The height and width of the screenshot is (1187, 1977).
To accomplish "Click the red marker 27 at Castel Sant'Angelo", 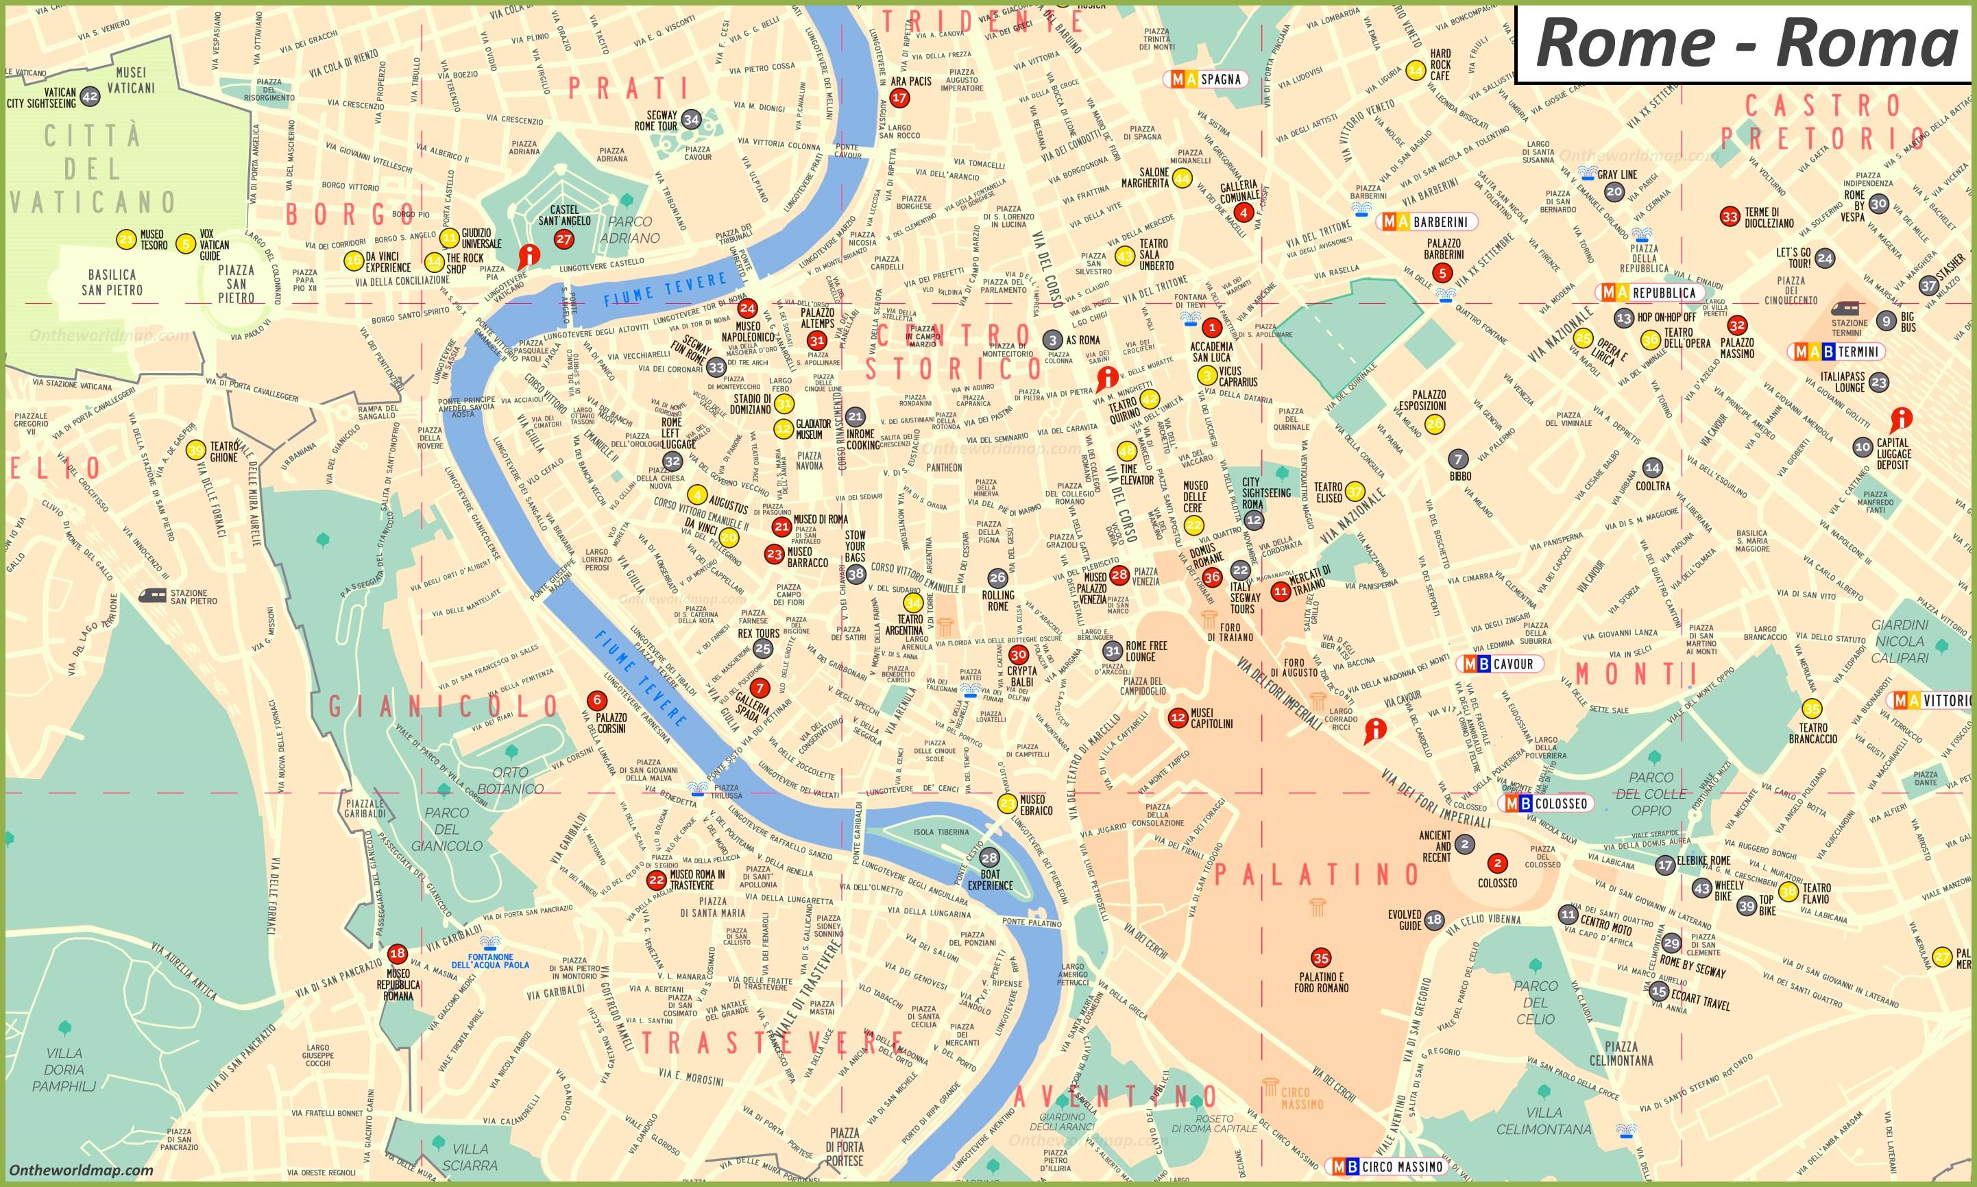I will [563, 239].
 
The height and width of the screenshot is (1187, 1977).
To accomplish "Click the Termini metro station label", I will [1837, 351].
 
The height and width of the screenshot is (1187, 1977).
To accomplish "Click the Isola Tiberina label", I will [942, 832].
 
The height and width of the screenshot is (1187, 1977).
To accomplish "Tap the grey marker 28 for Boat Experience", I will [990, 857].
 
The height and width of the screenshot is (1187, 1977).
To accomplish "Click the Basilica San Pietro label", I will [112, 283].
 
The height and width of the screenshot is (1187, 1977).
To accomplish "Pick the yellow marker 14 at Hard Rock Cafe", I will [1415, 71].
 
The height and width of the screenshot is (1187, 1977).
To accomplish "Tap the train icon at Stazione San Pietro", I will [154, 595].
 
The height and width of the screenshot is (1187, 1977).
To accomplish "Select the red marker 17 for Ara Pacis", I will [900, 98].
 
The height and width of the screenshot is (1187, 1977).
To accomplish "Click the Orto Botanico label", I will [510, 780].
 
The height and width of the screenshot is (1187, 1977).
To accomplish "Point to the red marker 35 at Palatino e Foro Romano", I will [1321, 957].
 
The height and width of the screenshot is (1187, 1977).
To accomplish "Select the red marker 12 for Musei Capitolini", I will [1178, 717].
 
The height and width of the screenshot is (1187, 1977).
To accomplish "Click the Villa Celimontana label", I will [1544, 1120].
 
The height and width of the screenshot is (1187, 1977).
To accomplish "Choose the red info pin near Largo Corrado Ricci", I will [1374, 730].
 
